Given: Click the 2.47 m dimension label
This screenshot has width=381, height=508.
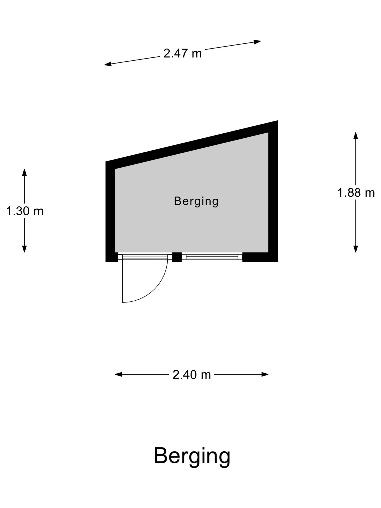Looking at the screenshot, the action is coord(183,53).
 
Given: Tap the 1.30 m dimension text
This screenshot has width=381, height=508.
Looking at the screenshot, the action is coord(25,211).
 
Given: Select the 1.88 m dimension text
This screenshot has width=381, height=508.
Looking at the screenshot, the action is coord(356,193).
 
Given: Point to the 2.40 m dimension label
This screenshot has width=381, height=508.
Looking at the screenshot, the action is coord(192,374).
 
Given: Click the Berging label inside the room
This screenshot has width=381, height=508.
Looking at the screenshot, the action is coord(196,201).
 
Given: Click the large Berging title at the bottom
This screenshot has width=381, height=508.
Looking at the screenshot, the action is coord(192,456).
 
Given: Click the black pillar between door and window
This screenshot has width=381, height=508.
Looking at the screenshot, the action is coord(177,257).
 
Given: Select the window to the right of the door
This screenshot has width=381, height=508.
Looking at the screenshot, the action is coord(212,257).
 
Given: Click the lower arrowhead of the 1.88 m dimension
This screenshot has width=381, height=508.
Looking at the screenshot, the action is coord(356,249).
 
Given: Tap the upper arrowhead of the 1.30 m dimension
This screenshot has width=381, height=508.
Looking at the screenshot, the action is coord(24,172).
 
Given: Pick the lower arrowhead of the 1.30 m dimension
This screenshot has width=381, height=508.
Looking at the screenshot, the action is coord(24,249).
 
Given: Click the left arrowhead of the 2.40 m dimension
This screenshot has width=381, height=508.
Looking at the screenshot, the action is coord(118,374).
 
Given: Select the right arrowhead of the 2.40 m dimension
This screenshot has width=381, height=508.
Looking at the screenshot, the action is coord(265,374).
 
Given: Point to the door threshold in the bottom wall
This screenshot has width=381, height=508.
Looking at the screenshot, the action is coord(143,257).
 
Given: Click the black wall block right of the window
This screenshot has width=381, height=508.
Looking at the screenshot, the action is coord(260,257).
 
